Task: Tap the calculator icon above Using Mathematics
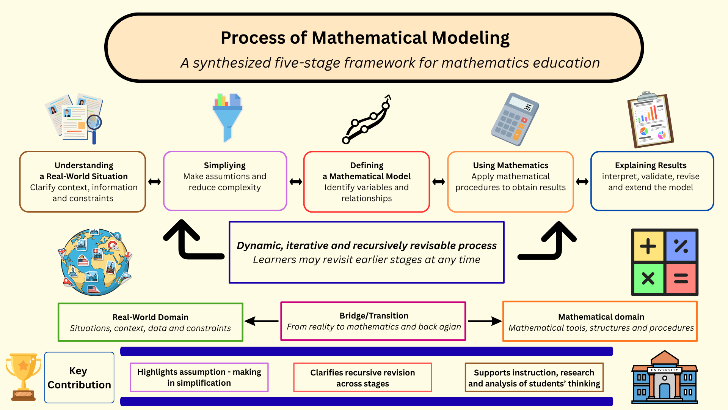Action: click(x=515, y=119)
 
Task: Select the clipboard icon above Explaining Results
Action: click(x=650, y=119)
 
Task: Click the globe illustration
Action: click(x=96, y=262)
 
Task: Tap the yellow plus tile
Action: click(x=648, y=246)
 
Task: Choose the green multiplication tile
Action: click(x=648, y=279)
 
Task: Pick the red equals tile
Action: click(x=681, y=279)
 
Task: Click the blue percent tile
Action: click(x=681, y=246)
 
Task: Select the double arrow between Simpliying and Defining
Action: click(x=296, y=182)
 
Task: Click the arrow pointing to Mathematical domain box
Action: click(x=485, y=321)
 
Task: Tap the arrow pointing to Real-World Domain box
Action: click(x=262, y=321)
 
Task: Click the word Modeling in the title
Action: click(x=471, y=38)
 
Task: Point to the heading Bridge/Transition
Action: click(x=374, y=316)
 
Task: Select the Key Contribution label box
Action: click(x=79, y=377)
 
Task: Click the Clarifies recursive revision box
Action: click(x=362, y=377)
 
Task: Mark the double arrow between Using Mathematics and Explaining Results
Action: click(x=582, y=182)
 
